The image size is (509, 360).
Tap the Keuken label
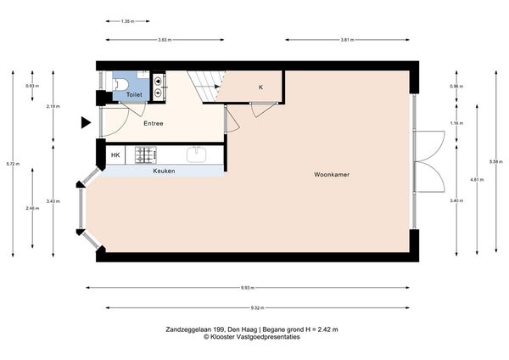pyautogui.click(x=165, y=172)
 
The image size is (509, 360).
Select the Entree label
pyautogui.click(x=154, y=124)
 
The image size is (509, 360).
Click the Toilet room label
pyautogui.click(x=134, y=95)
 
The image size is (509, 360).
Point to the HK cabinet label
pyautogui.click(x=116, y=155)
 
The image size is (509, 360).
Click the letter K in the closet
pyautogui.click(x=260, y=87)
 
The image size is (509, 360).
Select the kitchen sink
pyautogui.click(x=197, y=155)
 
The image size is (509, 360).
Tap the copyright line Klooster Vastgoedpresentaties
pyautogui.click(x=253, y=337)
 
